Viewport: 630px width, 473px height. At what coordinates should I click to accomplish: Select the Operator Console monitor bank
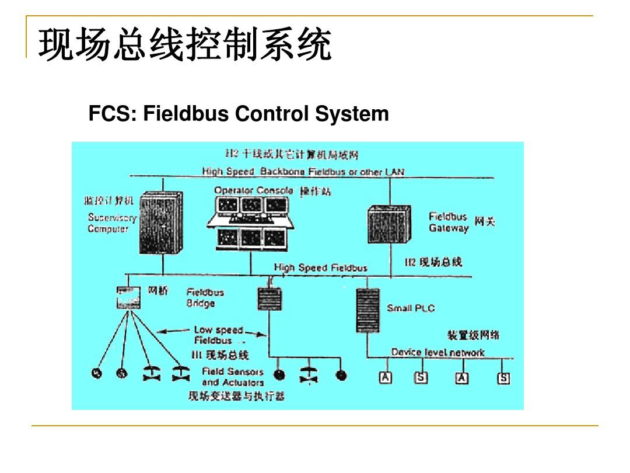(x=251, y=221)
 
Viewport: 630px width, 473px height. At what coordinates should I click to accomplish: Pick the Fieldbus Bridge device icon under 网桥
(x=128, y=297)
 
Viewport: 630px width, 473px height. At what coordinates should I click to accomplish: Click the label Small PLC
(x=411, y=308)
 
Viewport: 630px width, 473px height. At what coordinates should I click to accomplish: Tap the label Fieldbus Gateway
(x=448, y=222)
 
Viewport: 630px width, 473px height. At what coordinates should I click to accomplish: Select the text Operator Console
(x=254, y=190)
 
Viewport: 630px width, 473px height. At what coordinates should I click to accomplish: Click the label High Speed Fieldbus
(x=320, y=268)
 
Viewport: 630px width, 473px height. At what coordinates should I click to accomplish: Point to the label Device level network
(x=437, y=352)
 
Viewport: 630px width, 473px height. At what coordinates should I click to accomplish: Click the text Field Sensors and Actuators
(x=233, y=377)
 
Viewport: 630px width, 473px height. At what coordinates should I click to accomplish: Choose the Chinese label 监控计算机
(x=109, y=201)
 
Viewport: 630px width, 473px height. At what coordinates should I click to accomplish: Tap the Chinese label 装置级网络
(x=473, y=335)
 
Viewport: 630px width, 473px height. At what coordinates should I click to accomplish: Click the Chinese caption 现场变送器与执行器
(x=236, y=397)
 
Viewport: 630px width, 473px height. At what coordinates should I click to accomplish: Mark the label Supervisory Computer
(x=112, y=223)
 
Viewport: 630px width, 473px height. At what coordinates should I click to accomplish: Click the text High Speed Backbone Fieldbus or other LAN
(x=303, y=172)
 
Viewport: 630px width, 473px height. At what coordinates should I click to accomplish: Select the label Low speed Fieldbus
(x=218, y=335)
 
